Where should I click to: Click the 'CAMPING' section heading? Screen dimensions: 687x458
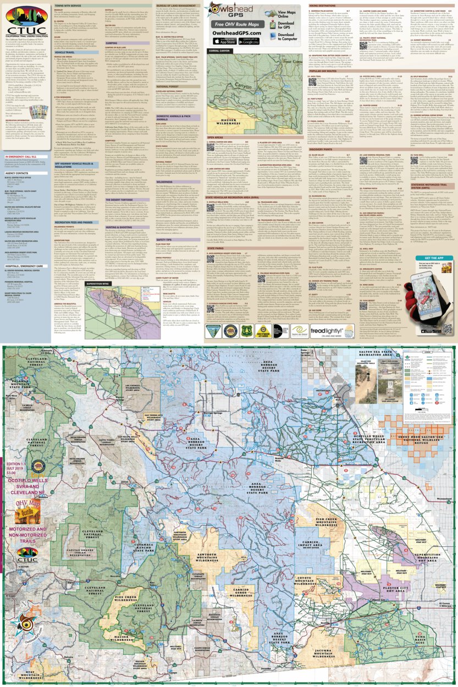pyautogui.click(x=111, y=42)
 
